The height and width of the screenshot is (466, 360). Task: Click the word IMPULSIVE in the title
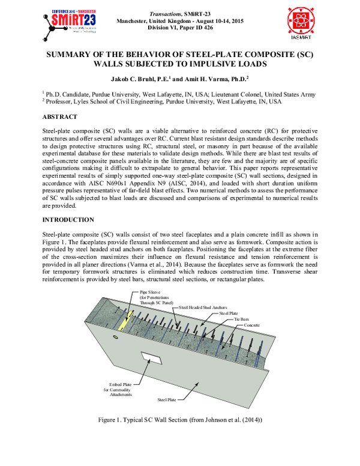211,64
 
